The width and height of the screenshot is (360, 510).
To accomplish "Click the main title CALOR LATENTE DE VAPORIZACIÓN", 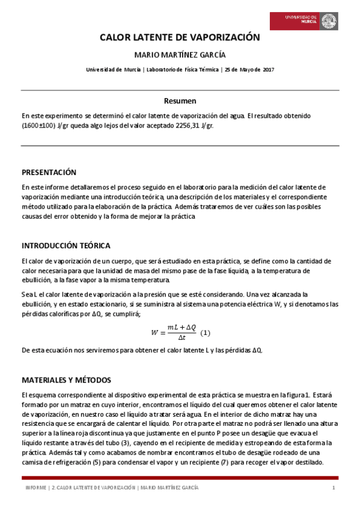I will point(180,38).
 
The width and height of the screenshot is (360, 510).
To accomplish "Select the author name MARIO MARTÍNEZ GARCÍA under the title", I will point(180,55).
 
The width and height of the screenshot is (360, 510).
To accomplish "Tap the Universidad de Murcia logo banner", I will point(303,22).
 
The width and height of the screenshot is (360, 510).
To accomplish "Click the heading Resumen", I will point(180,100).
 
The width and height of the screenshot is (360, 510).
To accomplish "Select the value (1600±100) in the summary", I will point(38,126).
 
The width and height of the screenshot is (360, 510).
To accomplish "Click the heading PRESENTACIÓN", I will point(49,171).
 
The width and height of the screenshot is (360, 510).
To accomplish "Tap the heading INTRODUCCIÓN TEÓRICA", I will point(66,245).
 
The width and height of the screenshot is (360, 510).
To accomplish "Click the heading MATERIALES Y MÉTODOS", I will point(66,380).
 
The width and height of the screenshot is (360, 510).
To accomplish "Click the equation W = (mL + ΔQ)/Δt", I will point(174,332).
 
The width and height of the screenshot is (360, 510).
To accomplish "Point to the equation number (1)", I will point(206,333).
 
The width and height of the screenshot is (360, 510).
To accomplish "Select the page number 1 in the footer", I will point(333,487).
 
